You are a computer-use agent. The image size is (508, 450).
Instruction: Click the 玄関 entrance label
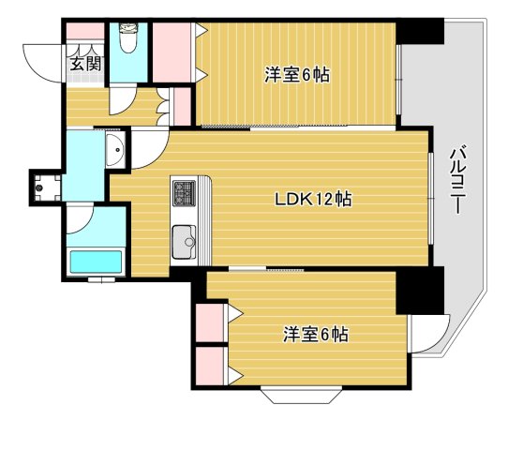pyautogui.click(x=86, y=64)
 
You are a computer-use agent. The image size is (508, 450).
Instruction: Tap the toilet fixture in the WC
pyautogui.click(x=128, y=37)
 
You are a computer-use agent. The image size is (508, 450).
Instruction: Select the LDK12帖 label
pyautogui.click(x=313, y=200)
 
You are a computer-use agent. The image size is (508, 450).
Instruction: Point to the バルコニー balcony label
pyautogui.click(x=457, y=180)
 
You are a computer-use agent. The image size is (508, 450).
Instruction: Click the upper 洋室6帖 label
pyautogui.click(x=297, y=75)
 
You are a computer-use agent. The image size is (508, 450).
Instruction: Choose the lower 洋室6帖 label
pyautogui.click(x=316, y=335)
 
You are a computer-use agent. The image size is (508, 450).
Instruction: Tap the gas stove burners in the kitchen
pyautogui.click(x=184, y=193)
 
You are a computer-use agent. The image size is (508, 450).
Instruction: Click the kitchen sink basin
pyautogui.click(x=184, y=242)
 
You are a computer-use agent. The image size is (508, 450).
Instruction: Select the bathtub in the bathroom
pyautogui.click(x=96, y=262)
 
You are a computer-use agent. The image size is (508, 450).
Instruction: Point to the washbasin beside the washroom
pyautogui.click(x=115, y=150)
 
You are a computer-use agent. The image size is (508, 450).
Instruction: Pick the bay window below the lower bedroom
pyautogui.click(x=301, y=396)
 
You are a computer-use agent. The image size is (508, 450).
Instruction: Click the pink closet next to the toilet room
pyautogui.click(x=172, y=52)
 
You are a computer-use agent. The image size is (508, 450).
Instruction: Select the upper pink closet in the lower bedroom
pyautogui.click(x=210, y=322)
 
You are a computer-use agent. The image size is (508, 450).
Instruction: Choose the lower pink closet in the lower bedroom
pyautogui.click(x=210, y=366)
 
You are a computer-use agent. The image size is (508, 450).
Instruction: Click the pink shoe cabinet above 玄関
pyautogui.click(x=85, y=31)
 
